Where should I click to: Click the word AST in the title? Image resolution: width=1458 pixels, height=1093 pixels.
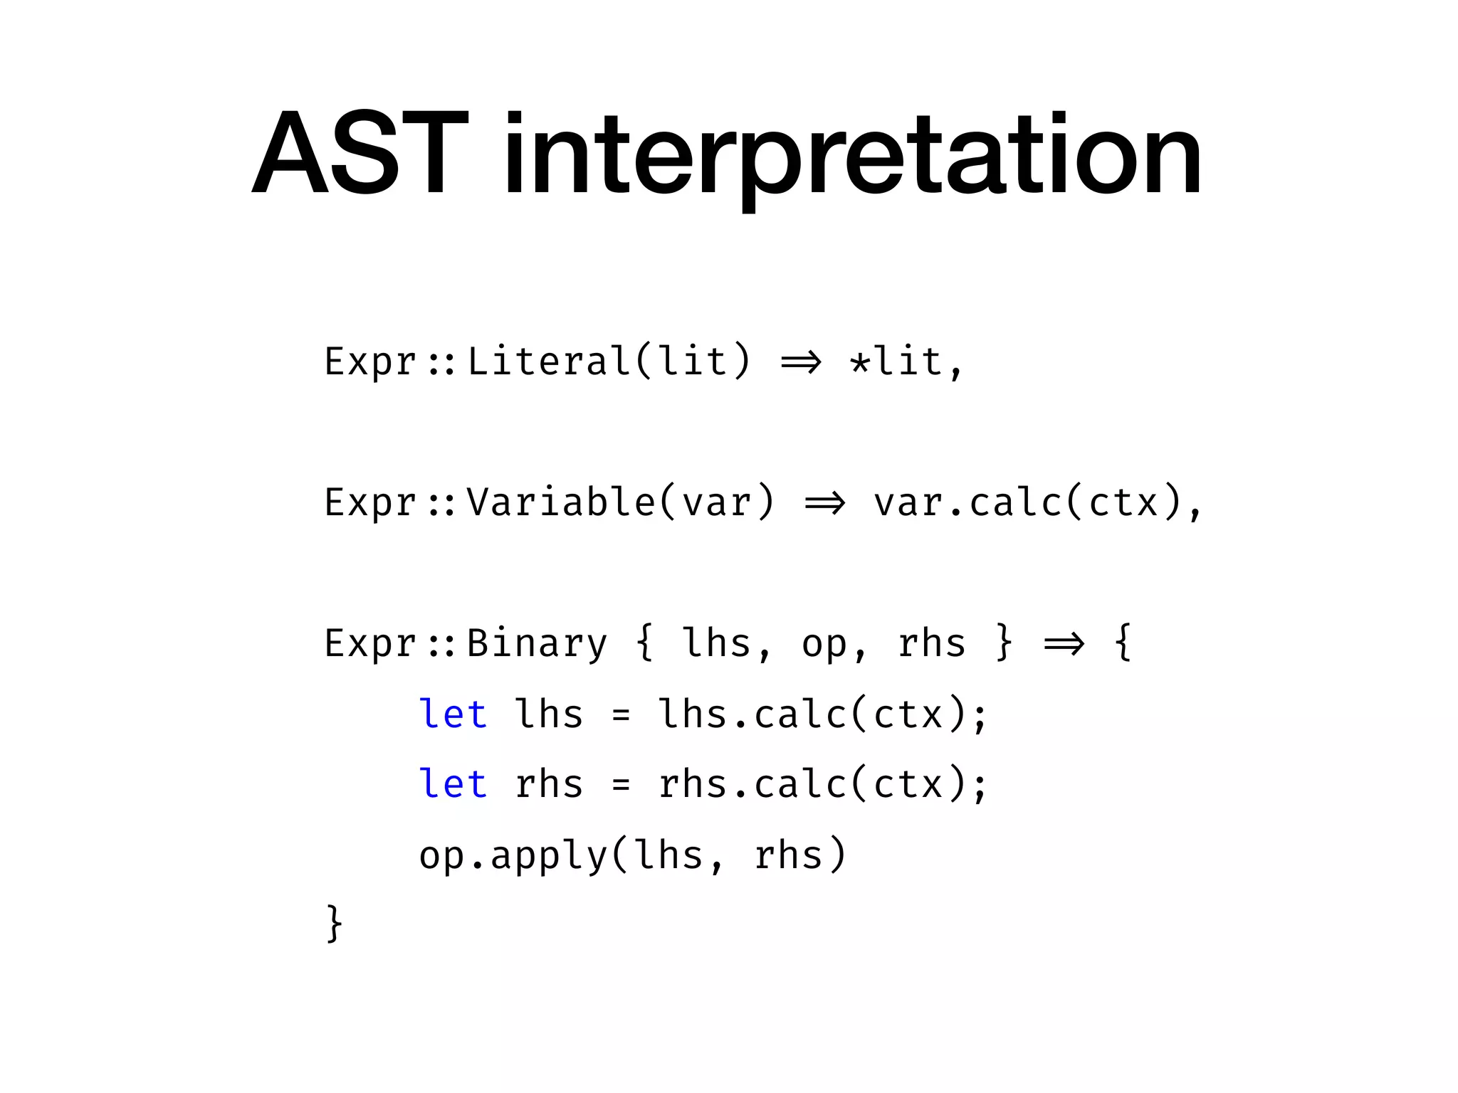pyautogui.click(x=360, y=152)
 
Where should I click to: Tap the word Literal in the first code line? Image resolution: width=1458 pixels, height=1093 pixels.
pyautogui.click(x=549, y=361)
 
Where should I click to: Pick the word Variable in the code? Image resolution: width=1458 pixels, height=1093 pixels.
pyautogui.click(x=560, y=502)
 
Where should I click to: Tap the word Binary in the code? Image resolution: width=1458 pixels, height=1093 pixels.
pyautogui.click(x=537, y=643)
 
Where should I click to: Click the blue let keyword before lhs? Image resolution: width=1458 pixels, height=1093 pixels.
pyautogui.click(x=453, y=714)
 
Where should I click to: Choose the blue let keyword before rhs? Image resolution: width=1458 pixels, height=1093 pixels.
pyautogui.click(x=453, y=783)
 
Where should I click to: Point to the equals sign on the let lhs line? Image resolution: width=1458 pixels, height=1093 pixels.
pyautogui.click(x=621, y=715)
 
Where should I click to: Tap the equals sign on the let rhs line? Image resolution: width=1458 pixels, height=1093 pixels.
pyautogui.click(x=621, y=785)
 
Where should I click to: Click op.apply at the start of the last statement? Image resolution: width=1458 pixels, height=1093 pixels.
pyautogui.click(x=513, y=855)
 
